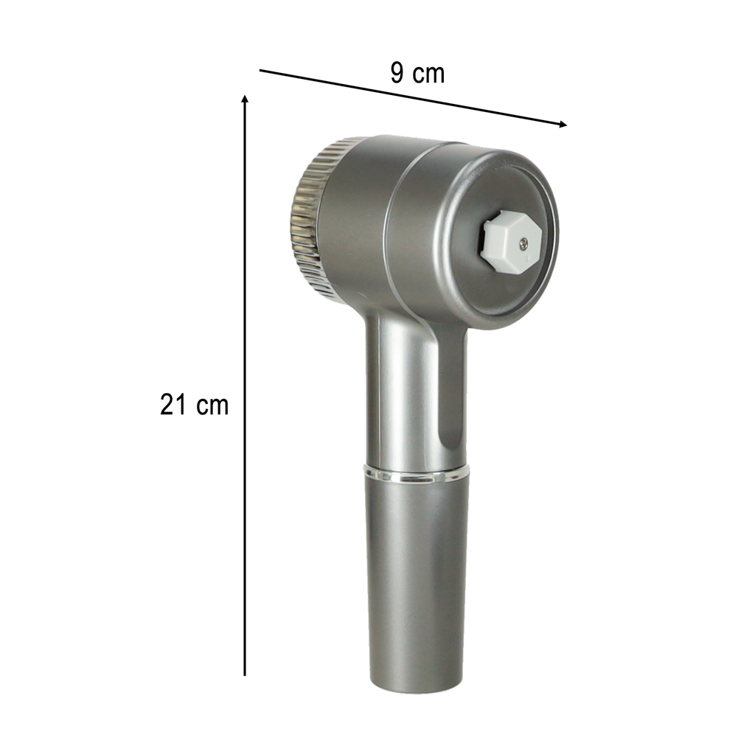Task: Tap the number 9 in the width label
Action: [397, 73]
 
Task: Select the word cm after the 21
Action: [212, 406]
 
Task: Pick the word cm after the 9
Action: [429, 74]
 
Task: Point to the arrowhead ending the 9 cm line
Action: [563, 125]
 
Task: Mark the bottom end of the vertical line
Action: [245, 674]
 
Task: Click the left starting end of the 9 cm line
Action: [260, 71]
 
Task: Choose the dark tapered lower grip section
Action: [417, 575]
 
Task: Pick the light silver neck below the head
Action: [402, 398]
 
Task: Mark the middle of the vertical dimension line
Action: [245, 386]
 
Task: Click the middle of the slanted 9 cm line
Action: [413, 97]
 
